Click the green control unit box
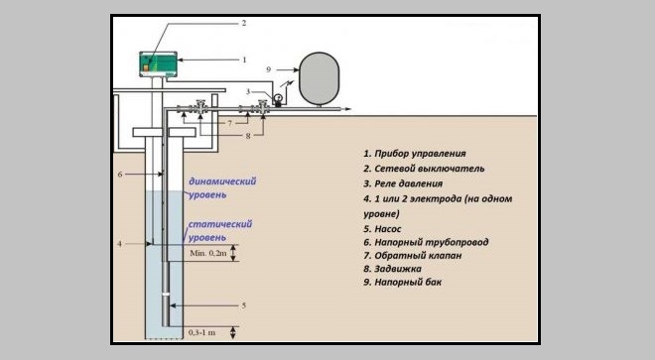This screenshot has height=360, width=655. pos(158,64)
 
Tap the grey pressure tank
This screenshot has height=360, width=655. pos(320,78)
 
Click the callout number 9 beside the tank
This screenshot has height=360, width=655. pos(269,69)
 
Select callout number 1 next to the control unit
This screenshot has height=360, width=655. pos(244,60)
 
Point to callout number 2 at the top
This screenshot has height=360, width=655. pos(244,23)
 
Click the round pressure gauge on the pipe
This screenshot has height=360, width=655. pos(278,98)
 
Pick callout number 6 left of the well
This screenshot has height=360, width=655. pos(120,175)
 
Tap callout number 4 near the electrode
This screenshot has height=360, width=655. pos(119,244)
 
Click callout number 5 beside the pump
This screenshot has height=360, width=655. pos(244,305)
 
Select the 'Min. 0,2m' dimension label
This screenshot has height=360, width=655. pos(208,253)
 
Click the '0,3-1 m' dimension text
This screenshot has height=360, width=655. pos(201,332)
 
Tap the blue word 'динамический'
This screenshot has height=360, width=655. pos(222,181)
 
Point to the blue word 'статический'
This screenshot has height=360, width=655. pos(220,224)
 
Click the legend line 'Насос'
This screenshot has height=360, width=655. pos(382,229)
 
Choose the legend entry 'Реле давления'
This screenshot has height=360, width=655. pos(403,183)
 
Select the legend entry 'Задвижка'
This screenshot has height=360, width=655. pos(392,269)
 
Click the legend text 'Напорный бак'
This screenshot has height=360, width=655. pos(402,282)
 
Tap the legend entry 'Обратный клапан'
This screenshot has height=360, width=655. pos(413,255)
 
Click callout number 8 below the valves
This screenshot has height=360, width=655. pos(248,136)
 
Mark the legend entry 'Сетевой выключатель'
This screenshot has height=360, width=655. pos(424,169)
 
